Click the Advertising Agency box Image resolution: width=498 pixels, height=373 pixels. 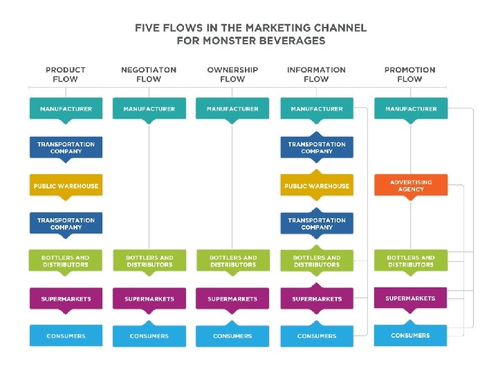point(411,185)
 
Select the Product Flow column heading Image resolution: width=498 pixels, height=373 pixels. point(66,75)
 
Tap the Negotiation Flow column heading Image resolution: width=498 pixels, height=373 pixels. point(149,75)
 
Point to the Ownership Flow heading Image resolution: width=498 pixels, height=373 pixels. point(232,75)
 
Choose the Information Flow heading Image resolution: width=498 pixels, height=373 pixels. point(316,75)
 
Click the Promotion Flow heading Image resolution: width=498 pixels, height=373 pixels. point(409,75)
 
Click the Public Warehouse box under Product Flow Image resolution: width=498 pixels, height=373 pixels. point(66,186)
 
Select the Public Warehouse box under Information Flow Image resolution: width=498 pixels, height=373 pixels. point(316,186)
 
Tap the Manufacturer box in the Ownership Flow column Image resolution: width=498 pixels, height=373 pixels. point(232,109)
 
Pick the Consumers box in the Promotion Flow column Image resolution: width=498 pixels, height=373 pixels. point(410,336)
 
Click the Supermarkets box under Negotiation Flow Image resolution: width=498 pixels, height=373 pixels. point(149,298)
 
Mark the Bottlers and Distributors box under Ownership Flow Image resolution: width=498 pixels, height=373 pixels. point(232,260)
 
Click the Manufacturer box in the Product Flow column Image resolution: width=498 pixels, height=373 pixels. point(66,109)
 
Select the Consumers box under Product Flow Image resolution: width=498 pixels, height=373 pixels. point(66,336)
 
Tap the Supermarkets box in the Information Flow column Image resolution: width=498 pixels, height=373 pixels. point(316,298)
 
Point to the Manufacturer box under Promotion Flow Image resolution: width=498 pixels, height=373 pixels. point(411,109)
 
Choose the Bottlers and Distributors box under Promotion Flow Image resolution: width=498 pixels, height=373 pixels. point(411,260)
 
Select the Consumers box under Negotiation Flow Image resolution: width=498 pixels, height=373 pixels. point(149,336)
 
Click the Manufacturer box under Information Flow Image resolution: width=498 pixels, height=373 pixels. point(316,109)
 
